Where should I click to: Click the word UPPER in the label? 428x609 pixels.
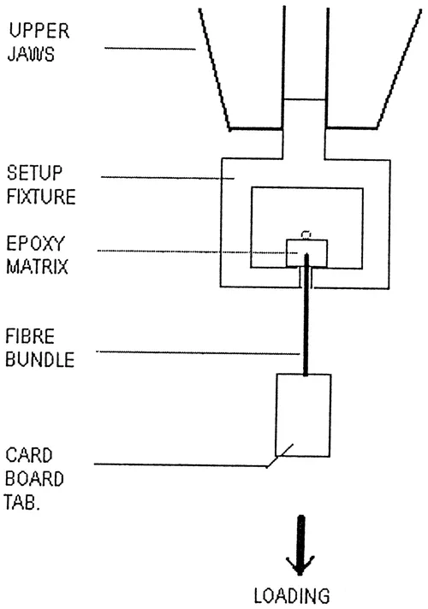pyautogui.click(x=41, y=32)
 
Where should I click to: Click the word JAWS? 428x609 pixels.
pyautogui.click(x=35, y=51)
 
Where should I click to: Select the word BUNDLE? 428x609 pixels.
pyautogui.click(x=40, y=359)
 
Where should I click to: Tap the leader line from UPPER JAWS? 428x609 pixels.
pyautogui.click(x=149, y=47)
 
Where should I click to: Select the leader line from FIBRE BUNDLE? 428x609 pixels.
pyautogui.click(x=197, y=352)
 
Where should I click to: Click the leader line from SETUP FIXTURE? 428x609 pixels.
pyautogui.click(x=168, y=179)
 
